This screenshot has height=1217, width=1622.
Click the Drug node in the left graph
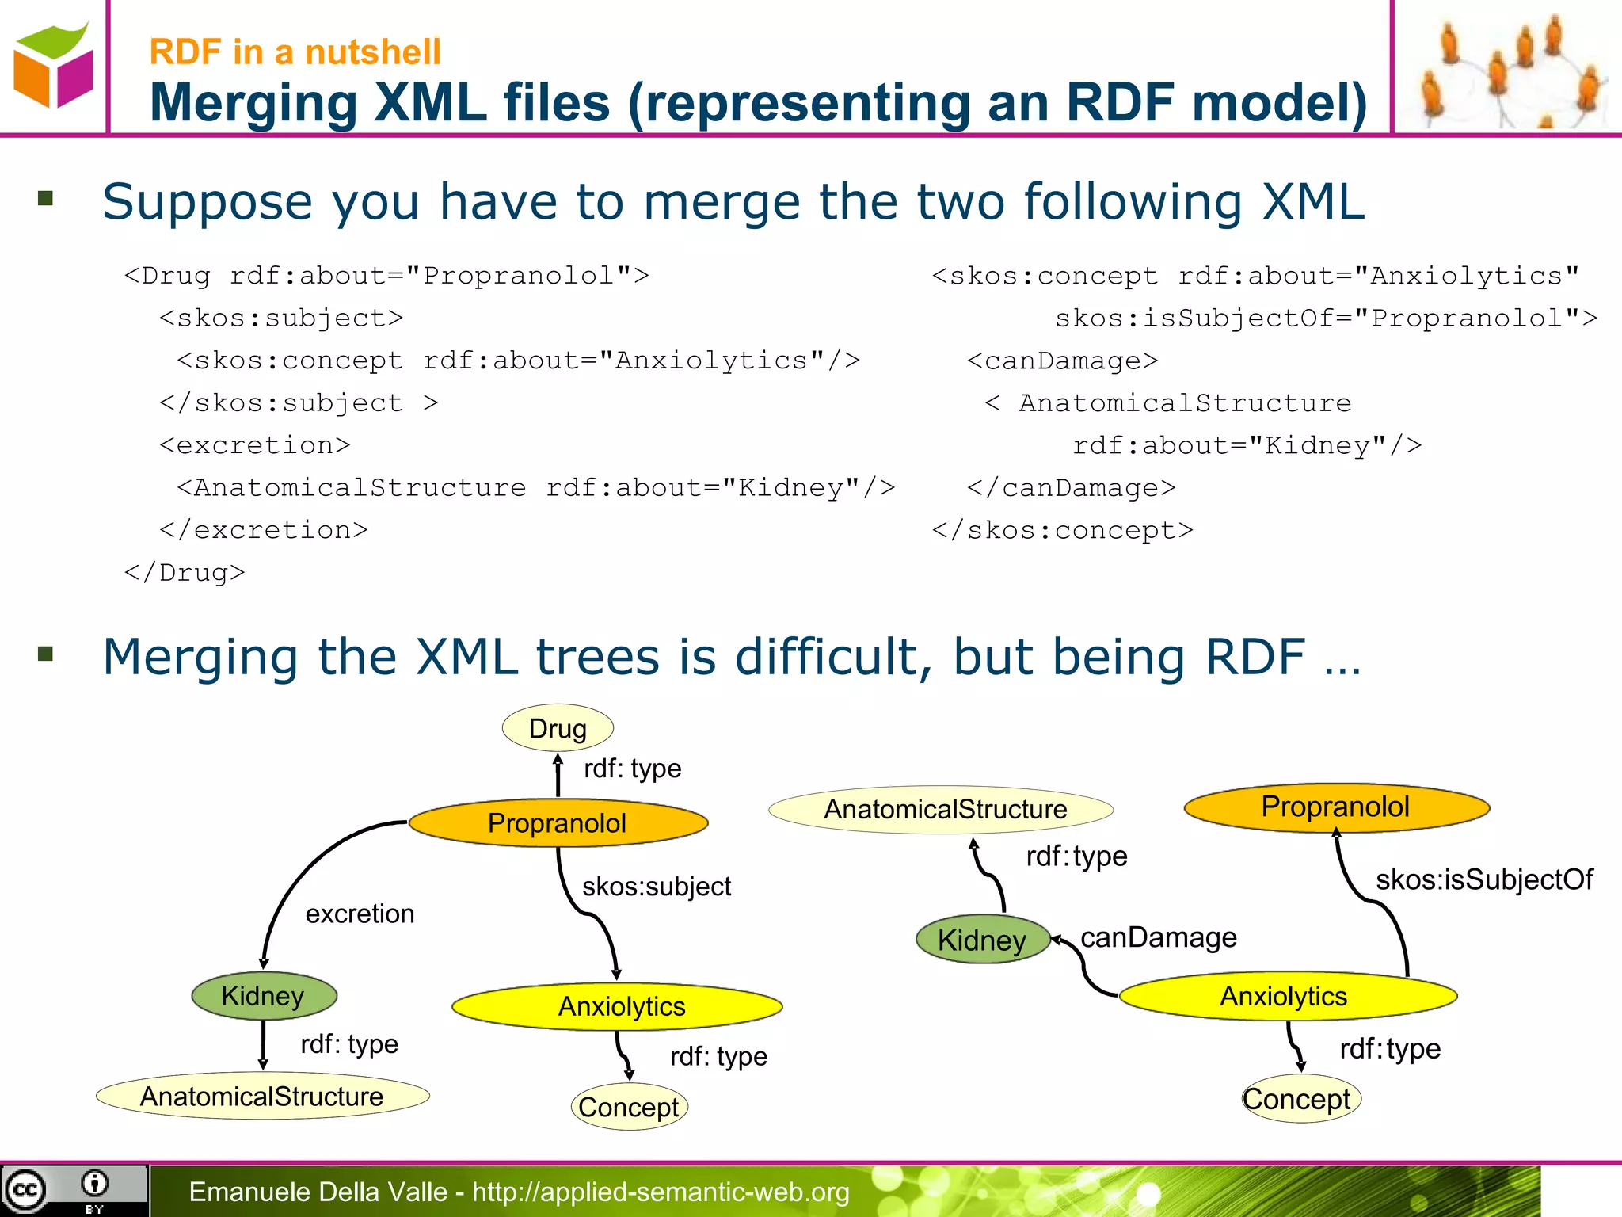pos(558,728)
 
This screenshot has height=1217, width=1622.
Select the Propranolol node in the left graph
pos(558,823)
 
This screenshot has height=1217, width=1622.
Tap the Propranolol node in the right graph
pos(1336,807)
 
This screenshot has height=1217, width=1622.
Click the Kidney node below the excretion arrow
pos(263,996)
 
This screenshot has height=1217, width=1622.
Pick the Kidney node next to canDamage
pos(982,940)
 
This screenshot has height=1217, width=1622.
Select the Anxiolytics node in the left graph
pos(621,1007)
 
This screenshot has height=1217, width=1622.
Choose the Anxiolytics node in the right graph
pos(1284,997)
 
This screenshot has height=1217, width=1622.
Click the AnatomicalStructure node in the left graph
pos(262,1097)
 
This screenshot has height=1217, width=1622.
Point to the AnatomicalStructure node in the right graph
pos(945,809)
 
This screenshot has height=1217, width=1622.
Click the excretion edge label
pos(360,914)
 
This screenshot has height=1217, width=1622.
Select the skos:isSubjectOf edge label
pos(1483,879)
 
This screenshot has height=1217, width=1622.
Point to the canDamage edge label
pos(1158,938)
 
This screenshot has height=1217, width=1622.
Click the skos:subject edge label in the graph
pos(657,887)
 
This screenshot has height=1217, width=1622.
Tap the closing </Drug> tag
pos(185,573)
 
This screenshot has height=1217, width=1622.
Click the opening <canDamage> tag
pos(1062,361)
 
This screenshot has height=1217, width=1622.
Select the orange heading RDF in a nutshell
pos(295,52)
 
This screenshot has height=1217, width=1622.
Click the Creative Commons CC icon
pos(26,1189)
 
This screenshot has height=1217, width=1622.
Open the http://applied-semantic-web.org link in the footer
pos(661,1192)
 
